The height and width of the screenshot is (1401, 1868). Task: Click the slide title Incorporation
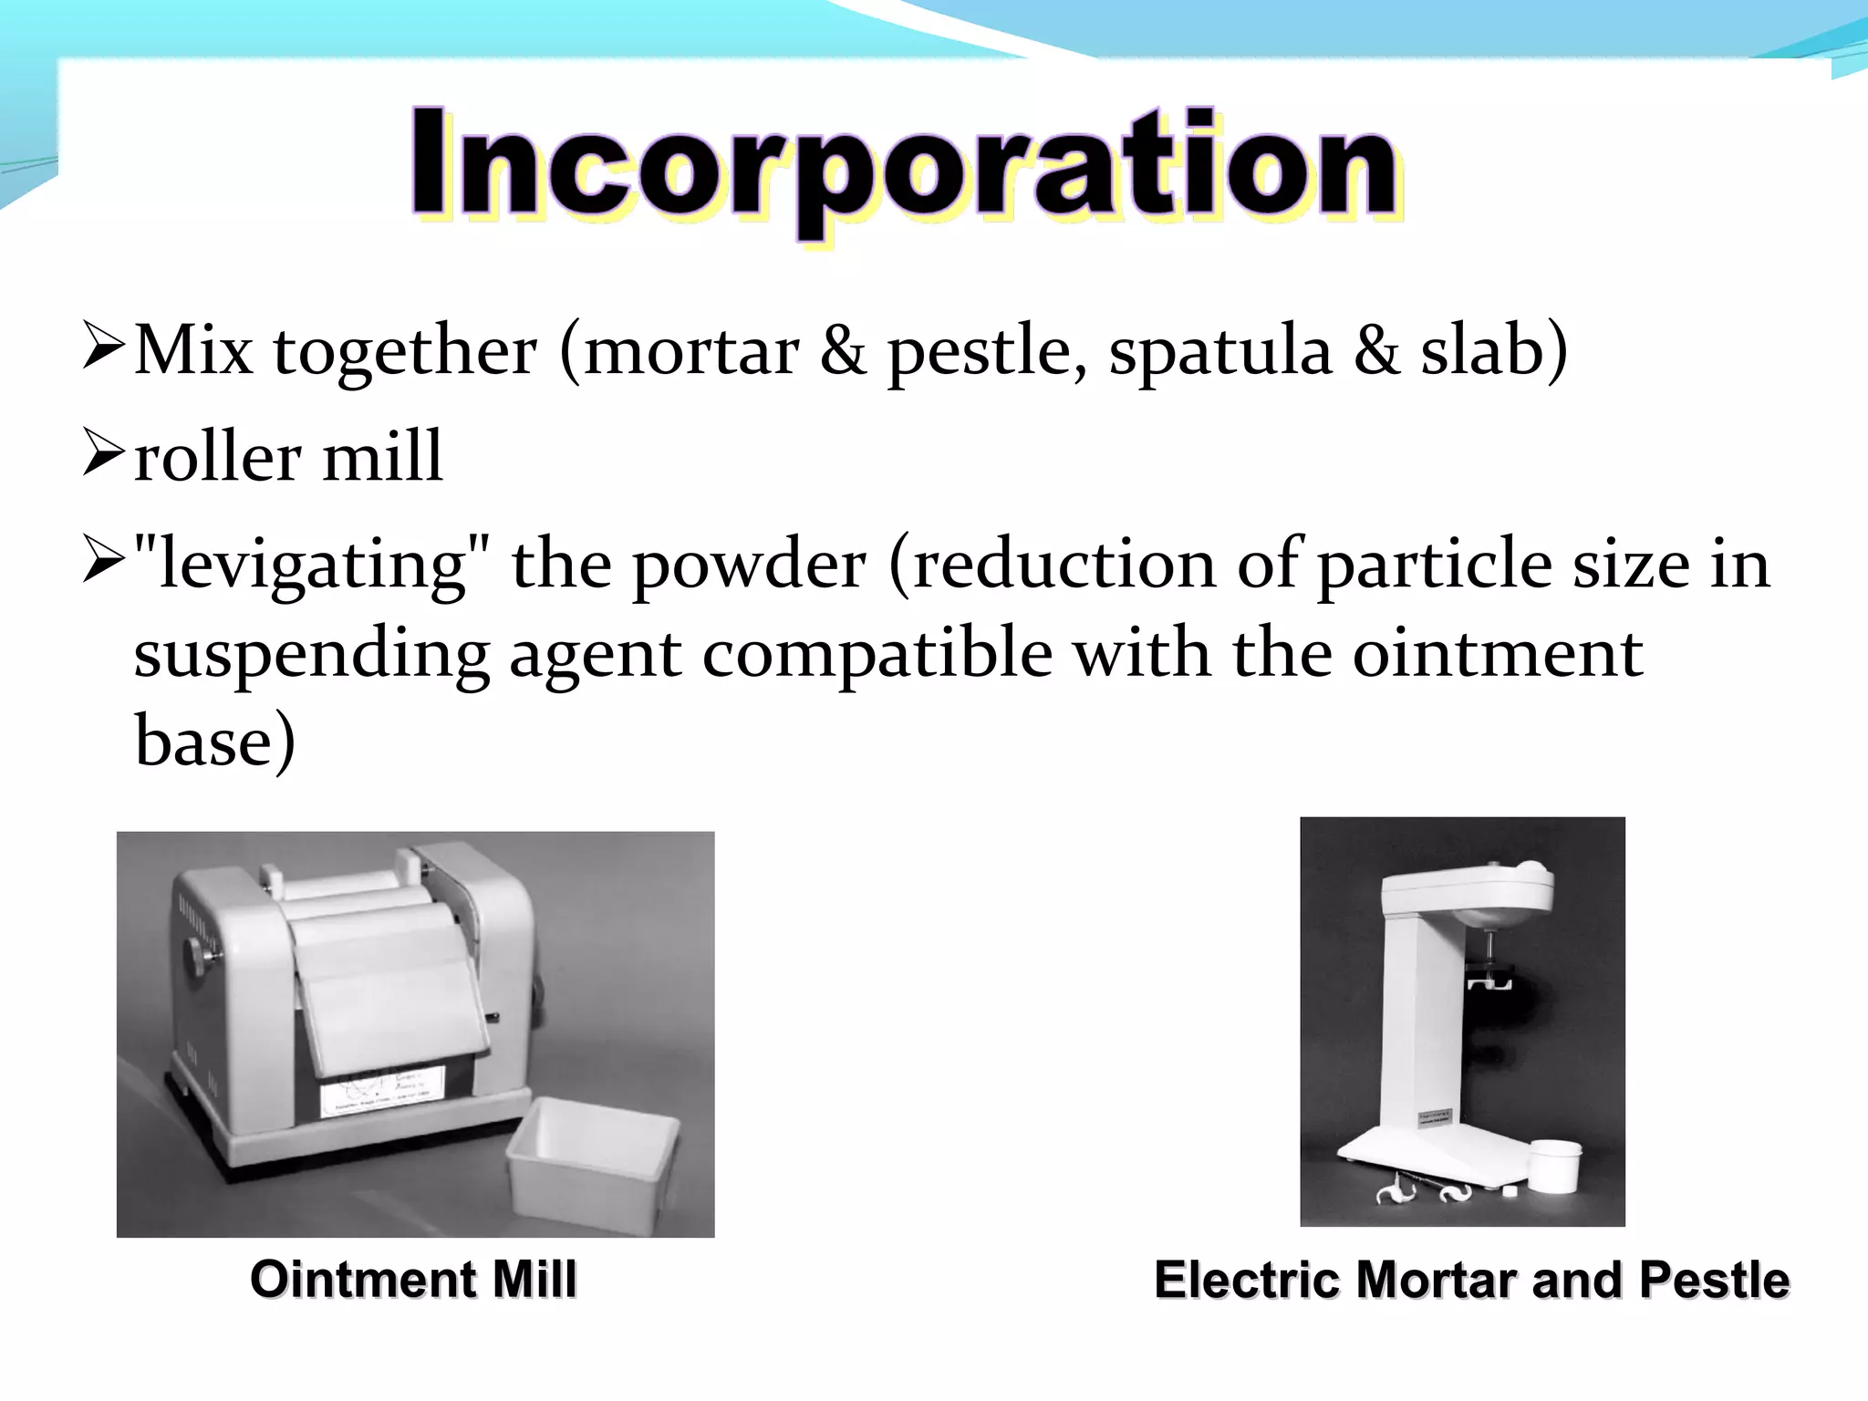[x=903, y=169]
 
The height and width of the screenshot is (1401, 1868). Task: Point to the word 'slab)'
[x=1494, y=350]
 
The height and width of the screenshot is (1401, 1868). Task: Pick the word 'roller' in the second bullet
[x=217, y=456]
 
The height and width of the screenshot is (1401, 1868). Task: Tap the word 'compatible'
[x=877, y=655]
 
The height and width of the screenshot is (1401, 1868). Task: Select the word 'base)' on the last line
[x=215, y=741]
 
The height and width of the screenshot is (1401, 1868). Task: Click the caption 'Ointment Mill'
[x=413, y=1279]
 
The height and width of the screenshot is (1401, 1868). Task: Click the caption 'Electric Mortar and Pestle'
[x=1471, y=1279]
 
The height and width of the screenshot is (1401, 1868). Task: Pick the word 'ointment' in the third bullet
[x=1497, y=655]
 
